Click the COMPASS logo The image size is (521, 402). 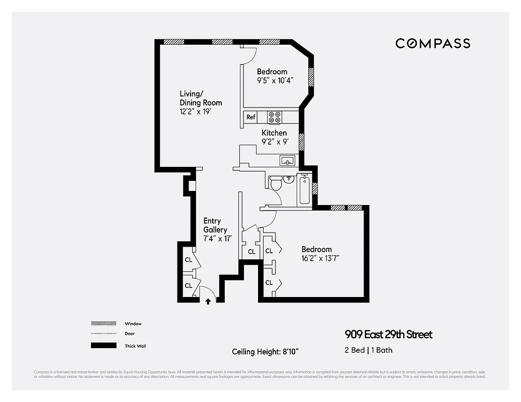pyautogui.click(x=432, y=43)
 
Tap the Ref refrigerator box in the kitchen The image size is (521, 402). pyautogui.click(x=250, y=117)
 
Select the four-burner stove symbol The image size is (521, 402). pyautogui.click(x=275, y=117)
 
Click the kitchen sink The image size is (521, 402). pyautogui.click(x=288, y=161)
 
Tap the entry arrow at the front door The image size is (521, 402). pyautogui.click(x=208, y=301)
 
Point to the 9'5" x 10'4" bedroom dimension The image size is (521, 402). pyautogui.click(x=275, y=80)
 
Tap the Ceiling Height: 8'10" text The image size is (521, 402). pyautogui.click(x=268, y=351)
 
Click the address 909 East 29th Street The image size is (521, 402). pyautogui.click(x=388, y=335)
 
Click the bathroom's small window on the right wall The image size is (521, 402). pyautogui.click(x=315, y=188)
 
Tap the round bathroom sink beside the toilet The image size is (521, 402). pyautogui.click(x=289, y=179)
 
